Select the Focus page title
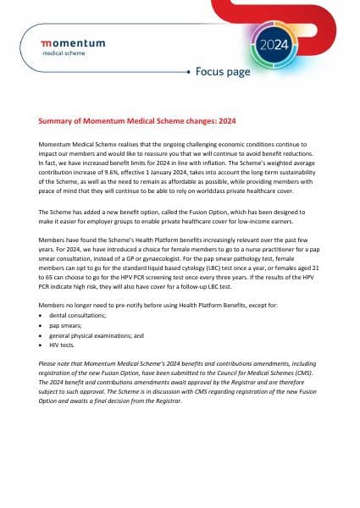(x=223, y=71)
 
